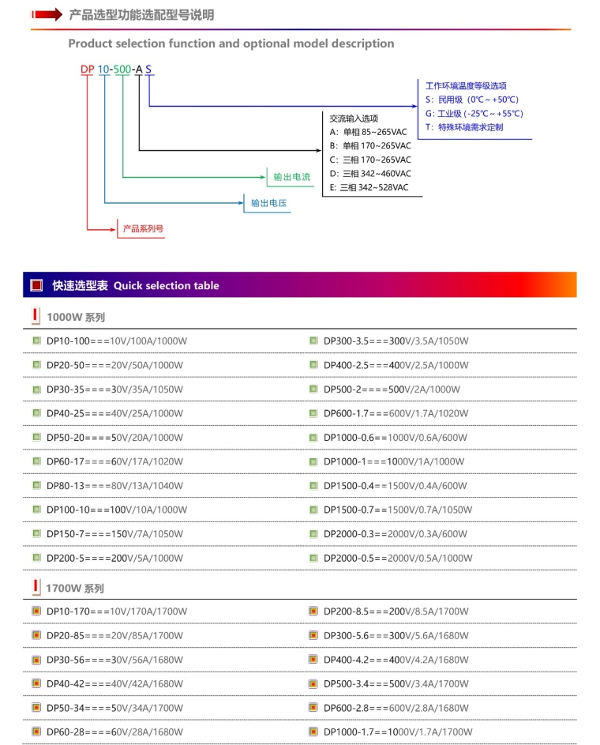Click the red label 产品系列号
143,229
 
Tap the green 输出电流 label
291,177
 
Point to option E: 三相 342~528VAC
369,187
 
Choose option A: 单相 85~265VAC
369,132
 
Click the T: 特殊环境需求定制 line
464,127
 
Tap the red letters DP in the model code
87,70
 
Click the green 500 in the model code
122,70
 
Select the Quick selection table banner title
136,285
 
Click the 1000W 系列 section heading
75,318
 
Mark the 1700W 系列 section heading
75,589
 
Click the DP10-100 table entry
117,341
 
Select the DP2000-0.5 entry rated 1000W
399,558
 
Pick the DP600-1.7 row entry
396,413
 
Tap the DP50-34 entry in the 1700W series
115,708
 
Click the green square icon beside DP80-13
36,485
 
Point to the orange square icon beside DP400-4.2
313,660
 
